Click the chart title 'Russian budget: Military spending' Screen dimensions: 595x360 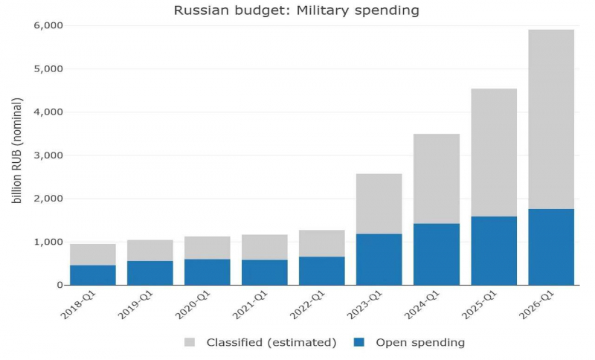coord(296,10)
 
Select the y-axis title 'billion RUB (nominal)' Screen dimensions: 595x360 coord(16,150)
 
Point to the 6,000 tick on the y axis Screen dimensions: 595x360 coord(48,26)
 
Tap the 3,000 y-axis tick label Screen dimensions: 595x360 coord(48,155)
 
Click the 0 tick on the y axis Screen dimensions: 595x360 coord(60,286)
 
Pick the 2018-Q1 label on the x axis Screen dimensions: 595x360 coord(79,306)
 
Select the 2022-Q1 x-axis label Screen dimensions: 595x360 coord(308,306)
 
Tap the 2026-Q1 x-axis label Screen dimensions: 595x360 coord(537,306)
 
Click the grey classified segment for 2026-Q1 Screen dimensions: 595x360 coord(551,119)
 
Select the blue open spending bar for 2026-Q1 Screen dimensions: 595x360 coord(551,247)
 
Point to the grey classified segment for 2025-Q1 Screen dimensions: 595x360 coord(494,152)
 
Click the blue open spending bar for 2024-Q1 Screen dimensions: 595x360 coord(437,254)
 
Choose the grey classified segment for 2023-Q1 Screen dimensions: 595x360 coord(379,204)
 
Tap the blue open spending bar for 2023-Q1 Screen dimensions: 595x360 coord(379,260)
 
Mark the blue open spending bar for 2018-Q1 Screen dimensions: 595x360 coord(93,275)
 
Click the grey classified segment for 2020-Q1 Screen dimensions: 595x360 coord(208,248)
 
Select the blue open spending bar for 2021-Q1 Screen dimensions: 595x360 coord(265,273)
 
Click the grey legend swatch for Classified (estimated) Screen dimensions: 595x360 coord(190,342)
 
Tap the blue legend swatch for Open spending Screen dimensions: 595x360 coord(359,342)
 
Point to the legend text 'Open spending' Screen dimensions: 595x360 coord(420,343)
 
